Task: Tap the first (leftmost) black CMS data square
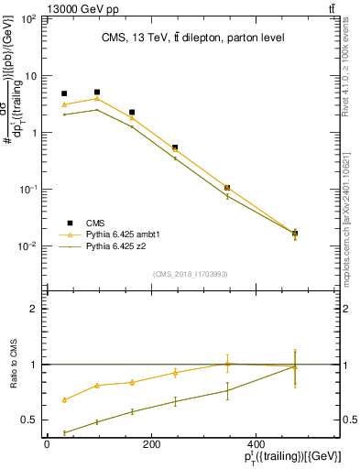(64, 93)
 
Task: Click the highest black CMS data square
(97, 92)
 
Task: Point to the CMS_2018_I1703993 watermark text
(190, 274)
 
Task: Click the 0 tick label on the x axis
(47, 446)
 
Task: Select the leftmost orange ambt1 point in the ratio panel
(64, 399)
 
